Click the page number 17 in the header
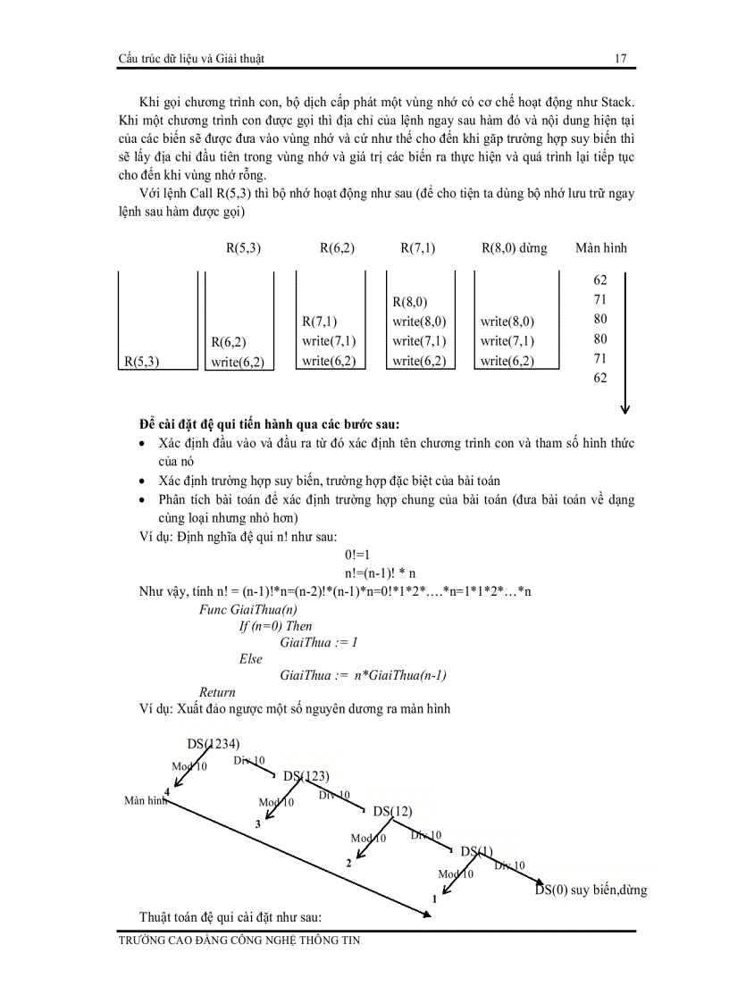coord(621,59)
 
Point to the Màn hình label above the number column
coord(601,248)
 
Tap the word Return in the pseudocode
coord(217,692)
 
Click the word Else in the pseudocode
coord(251,658)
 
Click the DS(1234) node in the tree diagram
coord(214,743)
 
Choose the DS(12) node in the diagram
coord(392,811)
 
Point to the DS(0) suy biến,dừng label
coord(591,890)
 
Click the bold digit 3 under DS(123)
coord(257,824)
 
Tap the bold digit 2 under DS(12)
coord(348,864)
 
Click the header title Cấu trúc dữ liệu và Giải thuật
coord(190,59)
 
